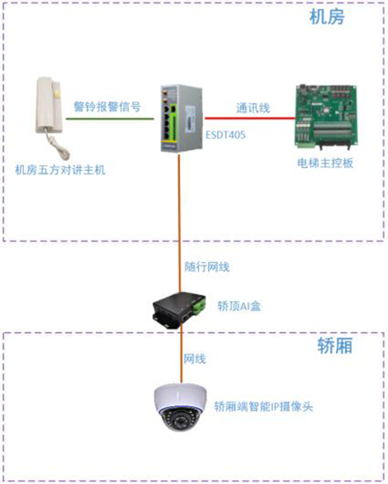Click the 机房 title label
(326, 19)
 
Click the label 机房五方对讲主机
(60, 170)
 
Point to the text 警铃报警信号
(107, 106)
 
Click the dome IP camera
(179, 410)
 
